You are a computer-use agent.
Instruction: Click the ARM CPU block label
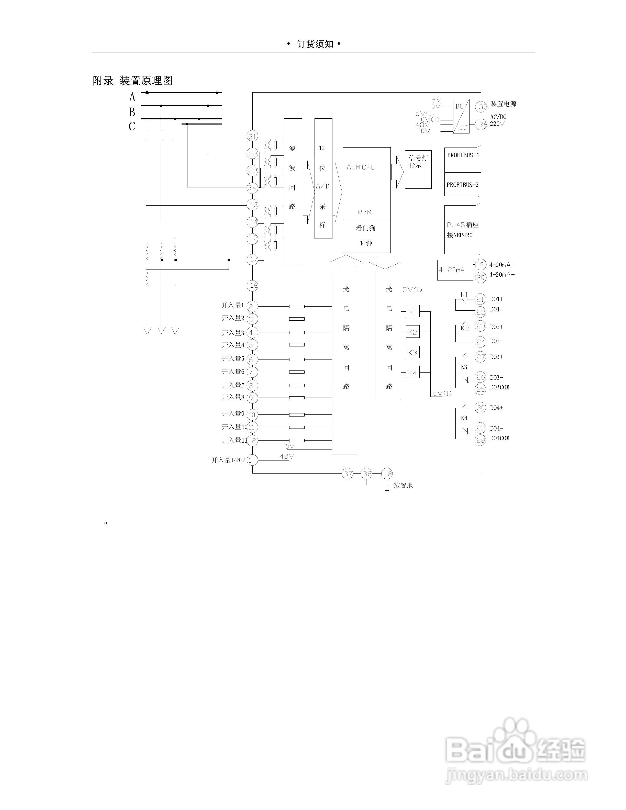tap(361, 167)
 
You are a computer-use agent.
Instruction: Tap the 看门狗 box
tap(366, 228)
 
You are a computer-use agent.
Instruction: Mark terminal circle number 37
tap(348, 474)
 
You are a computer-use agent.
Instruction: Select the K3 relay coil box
tap(412, 352)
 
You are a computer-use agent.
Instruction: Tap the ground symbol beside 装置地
tap(387, 490)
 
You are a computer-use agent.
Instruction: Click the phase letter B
tap(132, 112)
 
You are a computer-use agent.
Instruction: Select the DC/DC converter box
tap(461, 116)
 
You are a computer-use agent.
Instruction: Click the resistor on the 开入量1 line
tap(297, 306)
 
